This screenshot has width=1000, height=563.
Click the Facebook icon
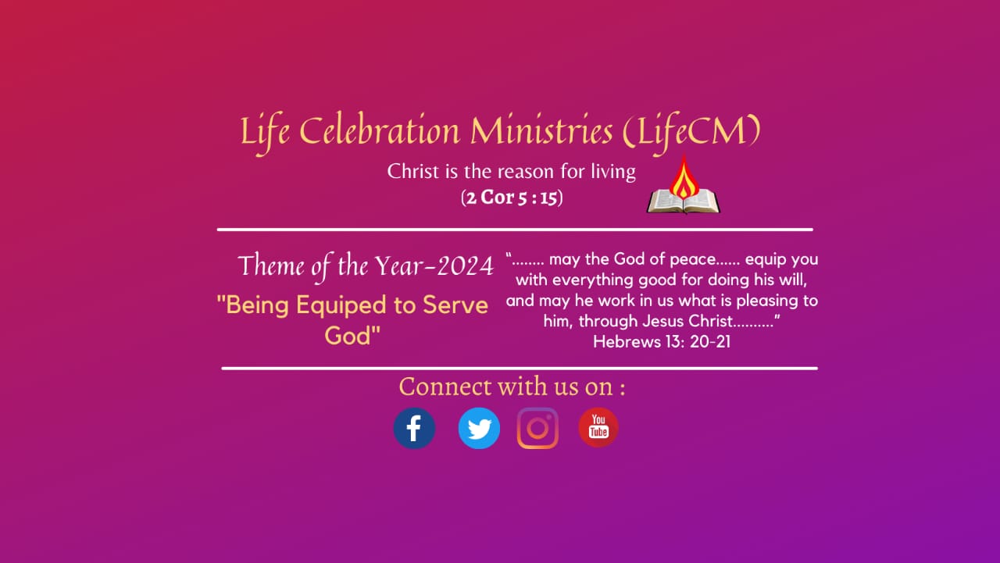[x=414, y=428]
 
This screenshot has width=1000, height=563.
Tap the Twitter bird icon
[x=479, y=428]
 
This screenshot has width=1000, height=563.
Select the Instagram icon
[x=537, y=428]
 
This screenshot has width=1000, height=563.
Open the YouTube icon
[x=598, y=427]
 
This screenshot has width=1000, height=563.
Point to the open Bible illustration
[x=684, y=201]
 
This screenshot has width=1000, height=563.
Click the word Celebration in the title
[x=379, y=130]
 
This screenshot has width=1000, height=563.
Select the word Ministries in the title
[x=541, y=130]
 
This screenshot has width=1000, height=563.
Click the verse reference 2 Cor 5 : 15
[x=512, y=198]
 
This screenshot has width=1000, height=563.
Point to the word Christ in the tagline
[x=413, y=171]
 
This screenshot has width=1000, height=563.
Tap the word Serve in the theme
[x=455, y=305]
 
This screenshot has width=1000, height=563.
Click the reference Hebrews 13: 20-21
[x=662, y=342]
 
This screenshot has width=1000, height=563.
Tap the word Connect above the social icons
[x=445, y=387]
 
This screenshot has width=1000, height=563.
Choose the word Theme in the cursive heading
[x=271, y=265]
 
